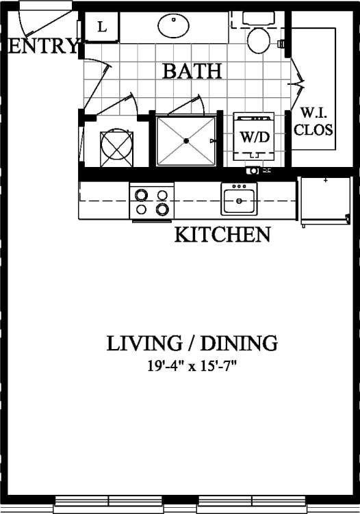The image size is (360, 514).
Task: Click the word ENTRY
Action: coord(42,47)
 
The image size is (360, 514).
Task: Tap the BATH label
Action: coord(192,70)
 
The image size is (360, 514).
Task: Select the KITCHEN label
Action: coord(222,235)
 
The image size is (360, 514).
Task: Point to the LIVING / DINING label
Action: coord(192,343)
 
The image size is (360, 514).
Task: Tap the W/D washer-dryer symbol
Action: coord(253,136)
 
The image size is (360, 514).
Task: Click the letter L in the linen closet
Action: coord(102,27)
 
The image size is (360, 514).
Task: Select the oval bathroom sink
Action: coord(174,27)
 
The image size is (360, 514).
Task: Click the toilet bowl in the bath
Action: coord(258,40)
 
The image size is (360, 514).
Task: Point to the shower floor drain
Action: coord(186,141)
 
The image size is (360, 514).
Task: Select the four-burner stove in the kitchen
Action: coord(151,201)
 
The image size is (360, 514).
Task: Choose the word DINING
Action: coord(240,343)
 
